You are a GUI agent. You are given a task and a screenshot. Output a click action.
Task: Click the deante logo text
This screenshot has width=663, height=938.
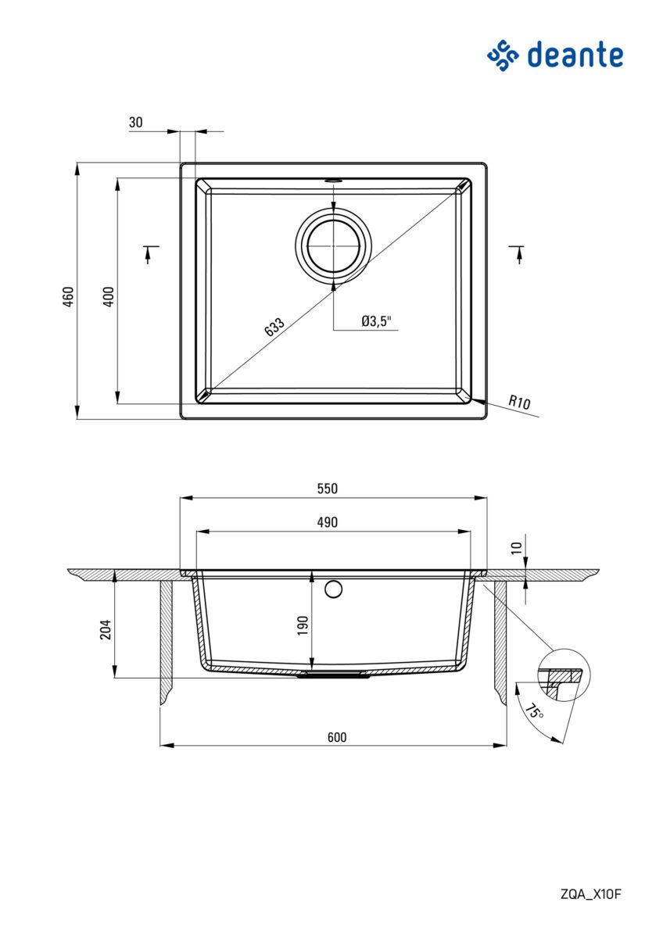pyautogui.click(x=574, y=55)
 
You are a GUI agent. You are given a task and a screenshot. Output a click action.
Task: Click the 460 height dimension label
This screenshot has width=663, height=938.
pyautogui.click(x=68, y=296)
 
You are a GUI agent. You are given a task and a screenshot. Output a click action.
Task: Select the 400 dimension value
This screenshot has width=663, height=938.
pyautogui.click(x=109, y=296)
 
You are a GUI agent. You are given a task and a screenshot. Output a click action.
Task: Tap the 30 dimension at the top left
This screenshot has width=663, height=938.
pyautogui.click(x=135, y=122)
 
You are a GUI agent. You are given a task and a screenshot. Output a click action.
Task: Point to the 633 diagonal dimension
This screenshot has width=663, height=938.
pyautogui.click(x=274, y=328)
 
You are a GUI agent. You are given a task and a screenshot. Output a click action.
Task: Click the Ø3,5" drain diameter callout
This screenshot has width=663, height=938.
pyautogui.click(x=376, y=320)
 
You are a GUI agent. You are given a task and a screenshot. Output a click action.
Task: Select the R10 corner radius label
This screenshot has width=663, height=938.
pyautogui.click(x=519, y=403)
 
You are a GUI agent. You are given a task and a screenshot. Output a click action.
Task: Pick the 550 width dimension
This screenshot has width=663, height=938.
pyautogui.click(x=327, y=489)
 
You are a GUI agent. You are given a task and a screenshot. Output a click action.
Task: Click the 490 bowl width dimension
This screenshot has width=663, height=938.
pyautogui.click(x=327, y=522)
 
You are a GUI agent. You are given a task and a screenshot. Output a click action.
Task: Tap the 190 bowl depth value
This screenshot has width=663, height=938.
pyautogui.click(x=303, y=625)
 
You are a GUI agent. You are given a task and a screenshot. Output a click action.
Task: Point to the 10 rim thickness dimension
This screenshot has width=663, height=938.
pyautogui.click(x=515, y=548)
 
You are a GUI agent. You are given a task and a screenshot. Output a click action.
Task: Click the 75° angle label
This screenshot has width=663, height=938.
pyautogui.click(x=534, y=711)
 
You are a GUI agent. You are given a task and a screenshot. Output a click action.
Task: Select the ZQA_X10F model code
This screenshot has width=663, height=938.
pyautogui.click(x=590, y=894)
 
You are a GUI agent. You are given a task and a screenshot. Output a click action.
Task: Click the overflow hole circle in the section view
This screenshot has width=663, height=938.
pyautogui.click(x=334, y=589)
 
